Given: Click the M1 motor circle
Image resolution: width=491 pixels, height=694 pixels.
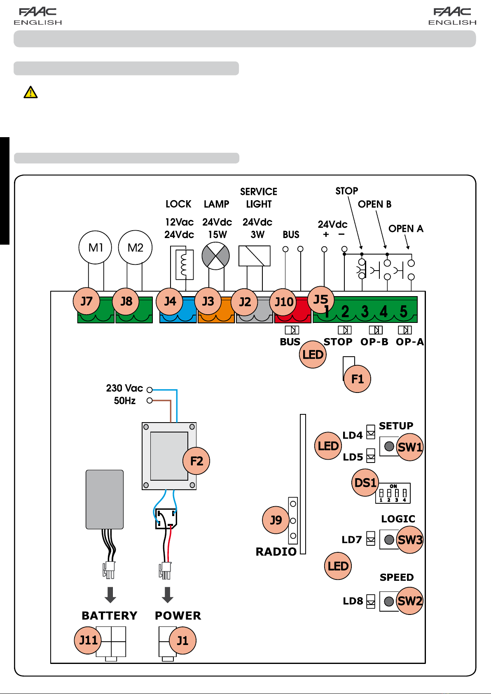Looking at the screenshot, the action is (x=95, y=247).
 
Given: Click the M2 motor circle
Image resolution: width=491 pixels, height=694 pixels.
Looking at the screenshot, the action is (x=135, y=247).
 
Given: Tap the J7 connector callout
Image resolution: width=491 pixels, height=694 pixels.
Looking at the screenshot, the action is (x=87, y=301).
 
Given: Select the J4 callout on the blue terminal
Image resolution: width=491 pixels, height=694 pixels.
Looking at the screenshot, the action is (x=169, y=301).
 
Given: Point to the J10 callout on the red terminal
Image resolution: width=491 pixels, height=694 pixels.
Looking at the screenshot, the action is (x=283, y=302).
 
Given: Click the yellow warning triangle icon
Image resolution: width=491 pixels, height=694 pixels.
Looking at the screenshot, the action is (x=30, y=92).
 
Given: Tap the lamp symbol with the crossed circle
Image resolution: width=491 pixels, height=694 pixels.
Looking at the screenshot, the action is (x=215, y=256).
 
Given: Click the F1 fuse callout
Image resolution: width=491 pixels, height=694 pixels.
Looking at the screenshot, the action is (x=357, y=379).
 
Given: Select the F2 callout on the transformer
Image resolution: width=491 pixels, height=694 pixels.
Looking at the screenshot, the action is (x=196, y=461).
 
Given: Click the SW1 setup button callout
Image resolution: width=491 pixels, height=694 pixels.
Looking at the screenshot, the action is (x=409, y=447).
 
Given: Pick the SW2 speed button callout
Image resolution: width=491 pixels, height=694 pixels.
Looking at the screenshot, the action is (x=409, y=601).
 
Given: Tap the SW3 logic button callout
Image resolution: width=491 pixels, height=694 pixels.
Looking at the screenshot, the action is (x=409, y=540).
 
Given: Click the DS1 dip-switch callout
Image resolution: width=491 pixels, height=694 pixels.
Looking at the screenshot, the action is (x=365, y=482).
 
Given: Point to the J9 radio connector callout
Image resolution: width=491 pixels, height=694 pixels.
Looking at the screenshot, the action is (x=276, y=520).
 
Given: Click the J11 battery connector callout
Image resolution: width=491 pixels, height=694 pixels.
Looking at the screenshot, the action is (x=88, y=640).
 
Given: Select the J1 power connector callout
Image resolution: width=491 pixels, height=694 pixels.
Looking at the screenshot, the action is (x=182, y=640).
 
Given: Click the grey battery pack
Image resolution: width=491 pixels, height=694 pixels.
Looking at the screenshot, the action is (x=105, y=499).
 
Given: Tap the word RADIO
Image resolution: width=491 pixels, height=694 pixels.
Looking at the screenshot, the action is (x=276, y=551).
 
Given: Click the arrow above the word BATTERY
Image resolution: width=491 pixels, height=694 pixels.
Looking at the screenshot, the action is (x=110, y=595).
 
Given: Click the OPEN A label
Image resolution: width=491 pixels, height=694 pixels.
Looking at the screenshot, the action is (x=406, y=229).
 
